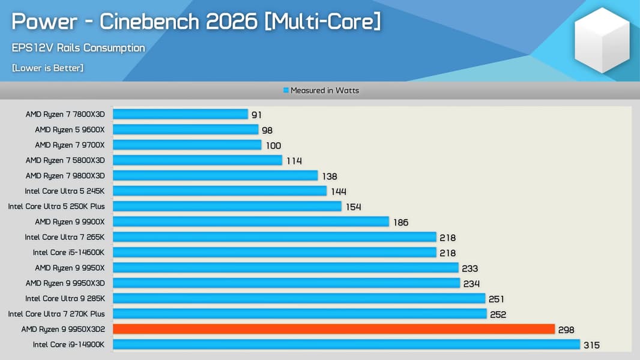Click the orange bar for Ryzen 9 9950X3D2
[x=333, y=329]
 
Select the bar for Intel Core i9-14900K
[x=346, y=344]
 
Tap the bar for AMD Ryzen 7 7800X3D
[x=180, y=114]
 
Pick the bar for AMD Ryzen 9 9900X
[x=251, y=221]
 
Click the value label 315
[x=591, y=345]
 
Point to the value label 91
[x=256, y=115]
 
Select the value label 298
[x=566, y=329]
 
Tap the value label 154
[x=353, y=206]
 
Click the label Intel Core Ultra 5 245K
[x=65, y=191]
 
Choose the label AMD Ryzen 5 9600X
[x=70, y=130]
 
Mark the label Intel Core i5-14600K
[x=68, y=253]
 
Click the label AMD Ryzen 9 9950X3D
[x=65, y=283]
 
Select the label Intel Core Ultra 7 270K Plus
[x=56, y=314]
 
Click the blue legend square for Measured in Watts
[x=286, y=91]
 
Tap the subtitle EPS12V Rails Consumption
[x=78, y=48]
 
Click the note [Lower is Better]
[x=47, y=68]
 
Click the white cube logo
[x=602, y=40]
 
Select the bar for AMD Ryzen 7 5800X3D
[x=197, y=160]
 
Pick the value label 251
[x=496, y=299]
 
